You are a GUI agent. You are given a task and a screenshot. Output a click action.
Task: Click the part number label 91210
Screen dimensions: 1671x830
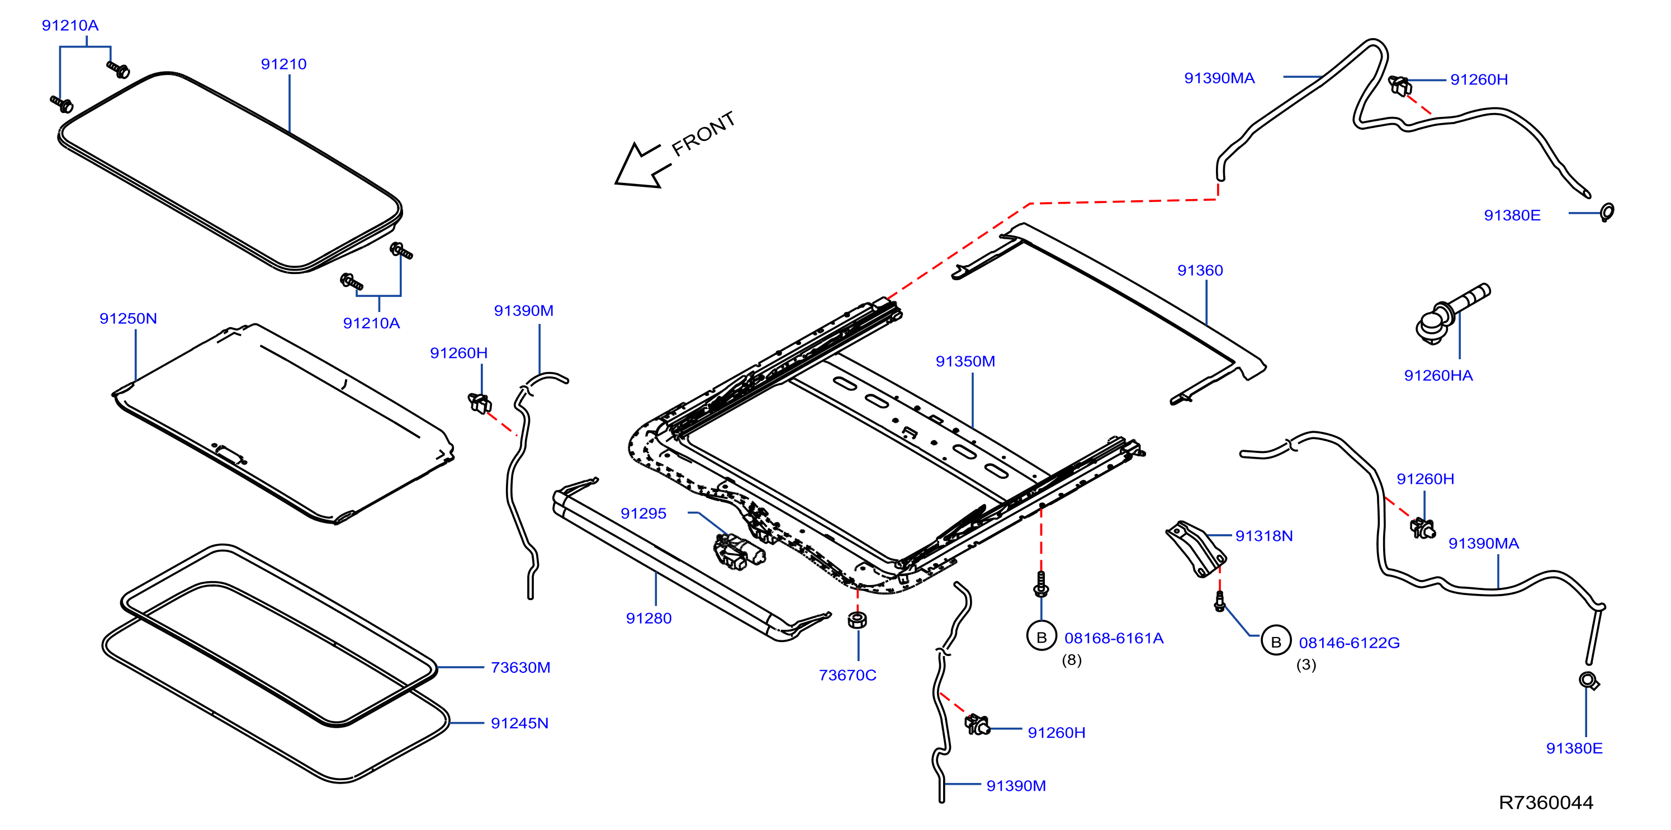(x=283, y=64)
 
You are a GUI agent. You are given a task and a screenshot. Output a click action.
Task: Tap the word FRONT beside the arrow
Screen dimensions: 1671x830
(x=703, y=134)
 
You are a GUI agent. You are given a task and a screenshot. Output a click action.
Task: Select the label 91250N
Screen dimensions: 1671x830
(x=128, y=319)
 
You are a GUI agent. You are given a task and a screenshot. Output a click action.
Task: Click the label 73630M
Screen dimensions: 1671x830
(x=520, y=668)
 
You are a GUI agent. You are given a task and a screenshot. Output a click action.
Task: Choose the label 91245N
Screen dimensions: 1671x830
(x=519, y=724)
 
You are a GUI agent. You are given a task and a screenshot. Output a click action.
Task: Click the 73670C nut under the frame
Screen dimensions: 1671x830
(x=858, y=620)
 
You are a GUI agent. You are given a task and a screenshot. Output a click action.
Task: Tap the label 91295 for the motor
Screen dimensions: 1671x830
(x=643, y=514)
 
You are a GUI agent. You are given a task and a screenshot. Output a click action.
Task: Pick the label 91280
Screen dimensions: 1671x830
(x=648, y=619)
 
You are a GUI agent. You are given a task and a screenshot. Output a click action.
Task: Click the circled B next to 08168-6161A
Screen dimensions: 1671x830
(x=1042, y=637)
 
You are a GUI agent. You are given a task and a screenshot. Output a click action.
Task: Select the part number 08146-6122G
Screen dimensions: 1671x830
(x=1349, y=643)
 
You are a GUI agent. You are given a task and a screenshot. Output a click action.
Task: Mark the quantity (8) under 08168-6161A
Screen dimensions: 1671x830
(x=1072, y=660)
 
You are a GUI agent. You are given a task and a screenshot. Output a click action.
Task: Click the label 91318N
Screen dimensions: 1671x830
(x=1263, y=536)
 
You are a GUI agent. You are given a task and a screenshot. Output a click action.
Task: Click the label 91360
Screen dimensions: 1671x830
(x=1200, y=271)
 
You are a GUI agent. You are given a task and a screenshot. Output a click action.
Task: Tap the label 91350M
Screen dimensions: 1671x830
(x=965, y=361)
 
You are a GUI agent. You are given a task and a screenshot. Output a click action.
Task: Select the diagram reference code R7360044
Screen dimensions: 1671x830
(x=1546, y=803)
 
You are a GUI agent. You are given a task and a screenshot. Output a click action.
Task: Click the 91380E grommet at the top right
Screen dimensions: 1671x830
(x=1607, y=211)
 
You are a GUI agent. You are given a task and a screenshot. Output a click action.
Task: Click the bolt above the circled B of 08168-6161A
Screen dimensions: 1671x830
(x=1041, y=584)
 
